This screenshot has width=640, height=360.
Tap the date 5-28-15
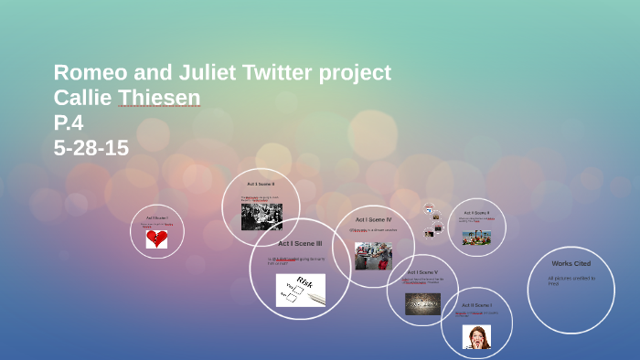pyautogui.click(x=91, y=147)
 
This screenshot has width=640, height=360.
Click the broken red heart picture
pyautogui.click(x=157, y=238)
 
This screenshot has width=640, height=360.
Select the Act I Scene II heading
pyautogui.click(x=261, y=185)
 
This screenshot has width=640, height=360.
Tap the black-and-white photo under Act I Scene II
pyautogui.click(x=261, y=217)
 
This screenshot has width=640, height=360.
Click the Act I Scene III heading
pyautogui.click(x=300, y=244)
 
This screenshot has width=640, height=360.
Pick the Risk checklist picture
pyautogui.click(x=301, y=290)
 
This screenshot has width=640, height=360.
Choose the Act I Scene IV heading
pyautogui.click(x=373, y=219)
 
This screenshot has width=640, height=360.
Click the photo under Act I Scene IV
pyautogui.click(x=373, y=255)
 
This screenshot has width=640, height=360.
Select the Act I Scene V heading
pyautogui.click(x=422, y=272)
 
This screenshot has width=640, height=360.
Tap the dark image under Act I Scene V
pyautogui.click(x=422, y=303)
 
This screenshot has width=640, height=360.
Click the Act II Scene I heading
pyautogui.click(x=476, y=305)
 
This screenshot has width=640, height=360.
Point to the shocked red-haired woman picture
pyautogui.click(x=476, y=337)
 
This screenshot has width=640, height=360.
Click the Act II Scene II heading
pyautogui.click(x=476, y=213)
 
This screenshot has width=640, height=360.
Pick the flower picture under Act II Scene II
pyautogui.click(x=476, y=237)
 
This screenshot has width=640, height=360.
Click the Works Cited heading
pyautogui.click(x=571, y=263)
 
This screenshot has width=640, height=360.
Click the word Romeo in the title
pyautogui.click(x=92, y=73)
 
